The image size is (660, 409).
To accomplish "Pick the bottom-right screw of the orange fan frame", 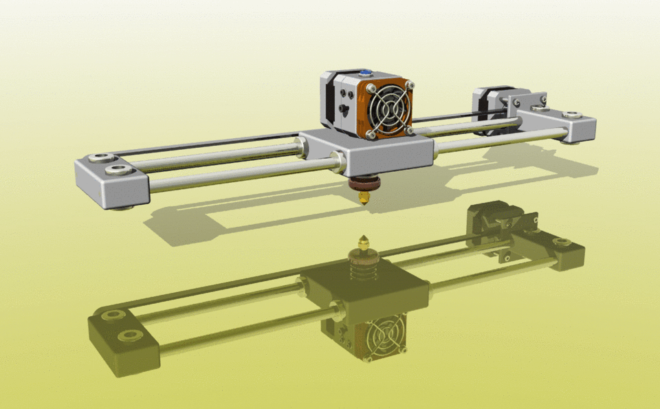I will coord(410,129).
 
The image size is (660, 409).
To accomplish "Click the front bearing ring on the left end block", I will coord(120,170).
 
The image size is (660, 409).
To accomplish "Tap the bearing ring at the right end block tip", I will coord(571,115).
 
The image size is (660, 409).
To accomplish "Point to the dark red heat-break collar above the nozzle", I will coord(362,185).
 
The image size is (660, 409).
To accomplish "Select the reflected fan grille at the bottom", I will coord(384,338).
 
